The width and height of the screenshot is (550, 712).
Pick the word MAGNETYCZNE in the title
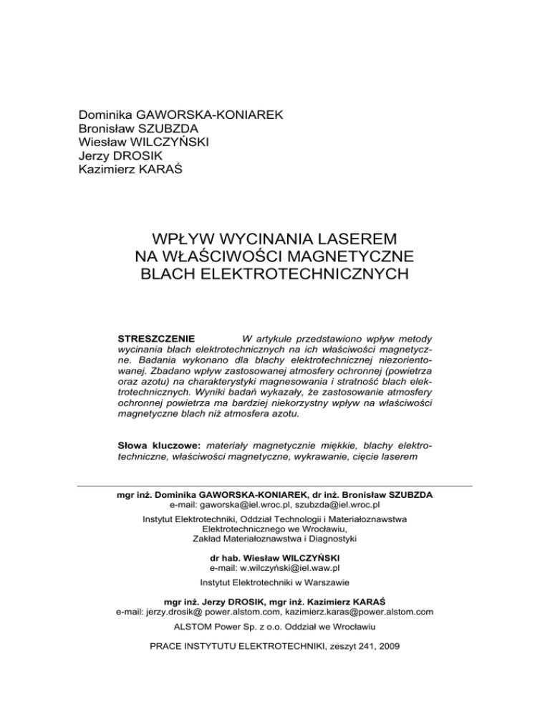[x=335, y=255]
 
